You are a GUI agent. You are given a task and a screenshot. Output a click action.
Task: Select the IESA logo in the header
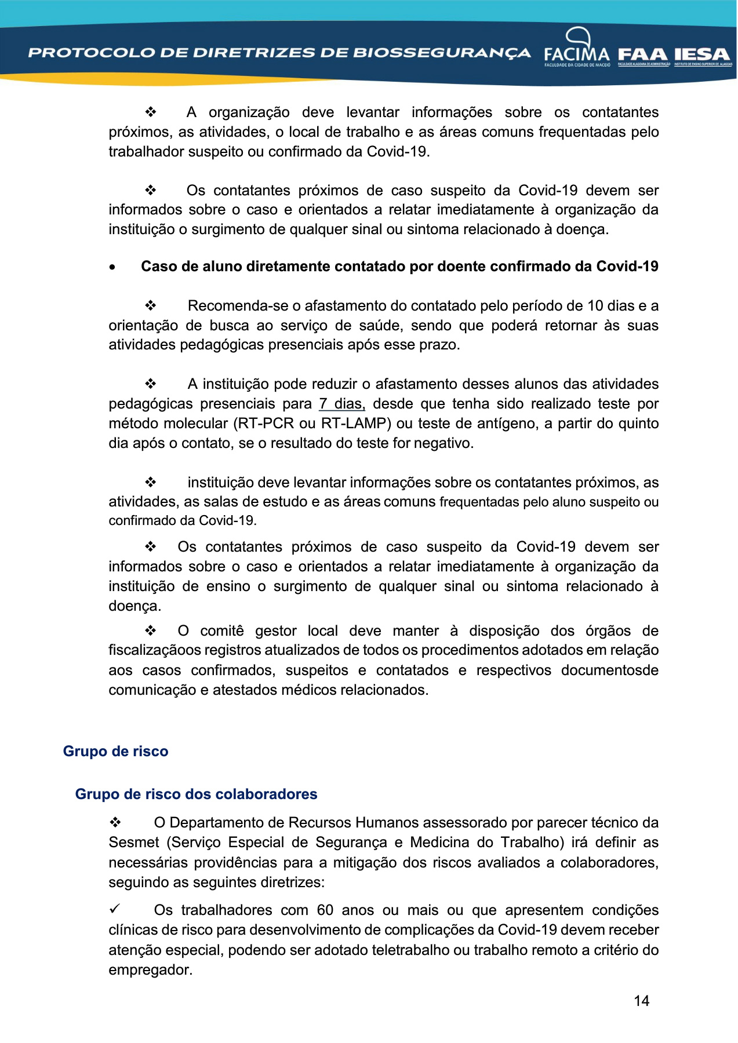tap(702, 55)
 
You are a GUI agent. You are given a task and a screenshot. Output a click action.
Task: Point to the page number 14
tap(641, 1001)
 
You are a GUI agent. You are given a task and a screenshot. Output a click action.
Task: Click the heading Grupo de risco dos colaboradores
tap(196, 794)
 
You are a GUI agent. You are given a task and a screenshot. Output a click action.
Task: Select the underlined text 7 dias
tap(341, 404)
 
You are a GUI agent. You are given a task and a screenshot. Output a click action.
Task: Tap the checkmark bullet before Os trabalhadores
tap(115, 909)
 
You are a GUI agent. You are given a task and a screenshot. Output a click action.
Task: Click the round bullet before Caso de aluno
tap(112, 267)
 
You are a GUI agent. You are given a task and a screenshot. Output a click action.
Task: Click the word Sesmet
tap(134, 843)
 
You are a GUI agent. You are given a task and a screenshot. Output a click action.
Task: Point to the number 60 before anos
tap(325, 910)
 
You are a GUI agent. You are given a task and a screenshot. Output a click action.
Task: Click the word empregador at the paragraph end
tap(150, 970)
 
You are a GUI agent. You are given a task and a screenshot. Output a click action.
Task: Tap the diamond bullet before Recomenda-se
tap(151, 306)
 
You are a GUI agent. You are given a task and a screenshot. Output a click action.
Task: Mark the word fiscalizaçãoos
tap(155, 651)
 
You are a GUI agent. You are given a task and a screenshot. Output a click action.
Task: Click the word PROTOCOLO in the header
tap(92, 53)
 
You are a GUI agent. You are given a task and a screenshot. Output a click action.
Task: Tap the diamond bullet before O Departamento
tap(115, 823)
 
